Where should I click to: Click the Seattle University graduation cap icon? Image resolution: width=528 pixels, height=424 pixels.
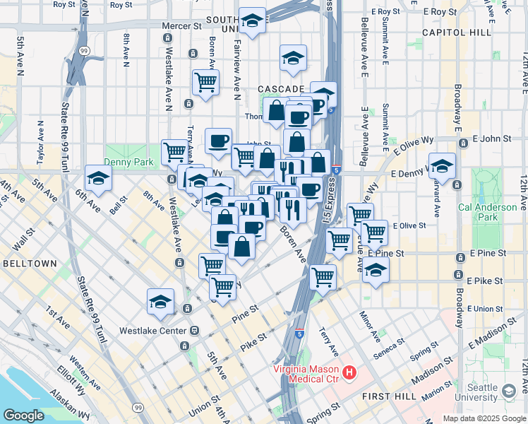pyautogui.click(x=509, y=391)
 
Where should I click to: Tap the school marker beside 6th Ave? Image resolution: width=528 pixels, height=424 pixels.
pyautogui.click(x=99, y=179)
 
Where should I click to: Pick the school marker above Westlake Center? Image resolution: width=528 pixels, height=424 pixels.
pyautogui.click(x=161, y=301)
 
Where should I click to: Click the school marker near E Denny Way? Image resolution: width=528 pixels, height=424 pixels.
pyautogui.click(x=443, y=167)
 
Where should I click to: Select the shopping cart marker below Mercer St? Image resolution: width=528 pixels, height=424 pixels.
pyautogui.click(x=205, y=81)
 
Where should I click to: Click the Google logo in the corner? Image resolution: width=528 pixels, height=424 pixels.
pyautogui.click(x=23, y=416)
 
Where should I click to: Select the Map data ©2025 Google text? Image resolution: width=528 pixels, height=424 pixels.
pyautogui.click(x=484, y=418)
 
